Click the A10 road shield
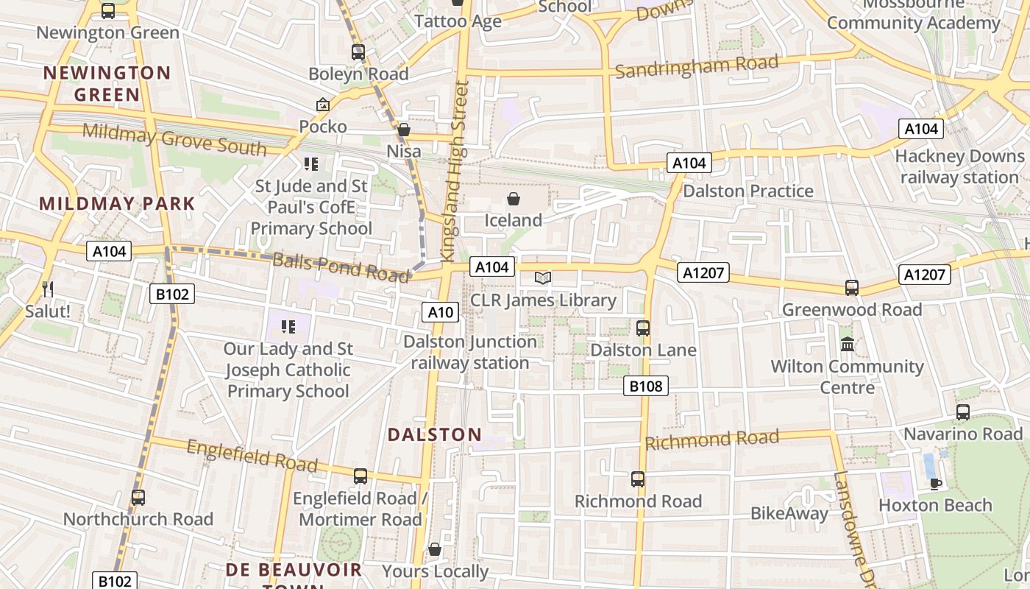(x=441, y=312)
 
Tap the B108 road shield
(x=646, y=385)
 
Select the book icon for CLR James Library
(x=543, y=278)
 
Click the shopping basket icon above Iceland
(x=514, y=199)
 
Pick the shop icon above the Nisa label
(x=403, y=130)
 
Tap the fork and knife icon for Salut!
(x=48, y=289)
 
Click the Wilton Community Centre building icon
(x=847, y=344)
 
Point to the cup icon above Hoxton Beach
(x=935, y=484)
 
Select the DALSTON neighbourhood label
(x=435, y=434)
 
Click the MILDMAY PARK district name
(x=117, y=204)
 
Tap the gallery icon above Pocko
(x=322, y=105)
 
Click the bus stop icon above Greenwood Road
(x=851, y=288)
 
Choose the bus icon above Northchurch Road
(x=138, y=498)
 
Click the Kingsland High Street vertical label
(x=454, y=171)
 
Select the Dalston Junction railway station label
(x=470, y=352)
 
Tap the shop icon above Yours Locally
(x=435, y=550)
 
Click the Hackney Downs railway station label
(x=959, y=167)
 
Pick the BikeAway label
(x=789, y=513)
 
